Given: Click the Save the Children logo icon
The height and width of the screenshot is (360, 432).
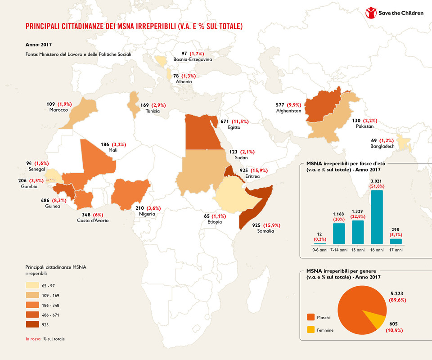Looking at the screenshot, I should pos(371,13).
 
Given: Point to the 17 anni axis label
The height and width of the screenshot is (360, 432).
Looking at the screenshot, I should pos(396,250).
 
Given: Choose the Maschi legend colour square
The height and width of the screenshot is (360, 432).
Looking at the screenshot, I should pos(310,316).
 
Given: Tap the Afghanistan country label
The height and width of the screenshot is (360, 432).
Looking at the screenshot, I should pos(288,111).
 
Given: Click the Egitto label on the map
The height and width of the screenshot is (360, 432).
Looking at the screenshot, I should pos(234,127).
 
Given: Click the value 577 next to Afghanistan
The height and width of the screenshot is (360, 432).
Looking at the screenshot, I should pos(280,105).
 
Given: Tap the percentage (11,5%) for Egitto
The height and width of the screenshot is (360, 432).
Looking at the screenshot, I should pos(241,121).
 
